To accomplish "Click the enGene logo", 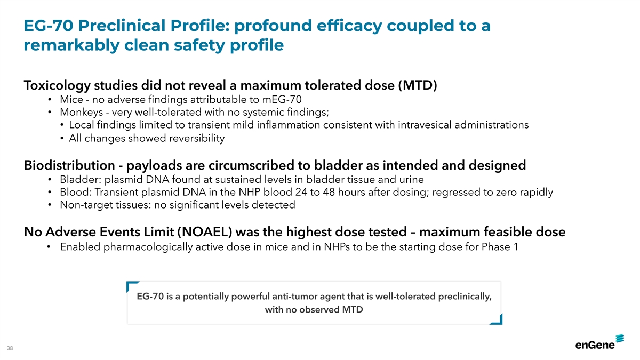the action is point(599,342).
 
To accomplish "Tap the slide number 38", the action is point(10,348).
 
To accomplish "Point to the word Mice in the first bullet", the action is point(71,99).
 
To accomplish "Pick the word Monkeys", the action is point(82,113).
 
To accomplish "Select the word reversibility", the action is point(197,138).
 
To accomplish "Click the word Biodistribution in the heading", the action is point(69,165).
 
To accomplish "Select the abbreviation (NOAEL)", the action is point(205,231).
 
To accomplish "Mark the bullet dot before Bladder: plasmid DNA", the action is point(50,180).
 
